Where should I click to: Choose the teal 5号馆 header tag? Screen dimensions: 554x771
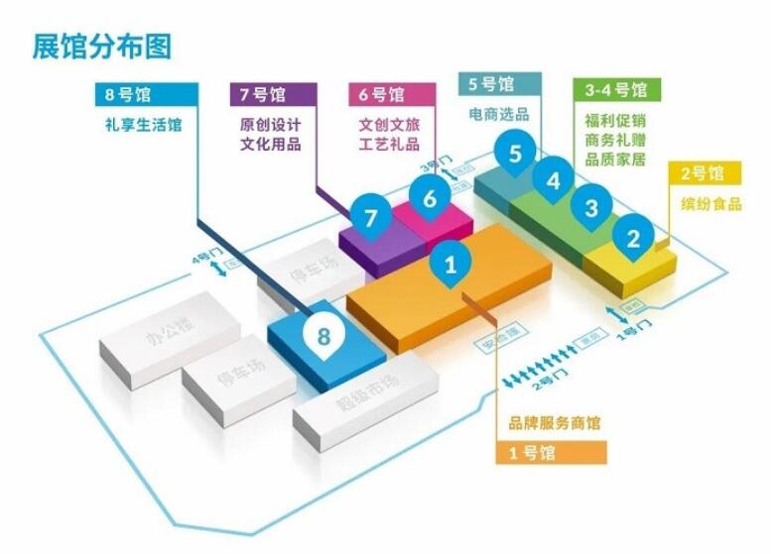pyautogui.click(x=500, y=84)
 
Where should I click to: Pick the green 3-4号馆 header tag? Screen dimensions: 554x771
pyautogui.click(x=616, y=89)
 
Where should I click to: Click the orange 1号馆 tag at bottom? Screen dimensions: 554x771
pyautogui.click(x=550, y=453)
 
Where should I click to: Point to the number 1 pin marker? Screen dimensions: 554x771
pyautogui.click(x=450, y=266)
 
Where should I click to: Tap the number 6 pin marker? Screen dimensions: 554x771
pyautogui.click(x=430, y=198)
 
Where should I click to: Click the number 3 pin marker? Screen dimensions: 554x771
pyautogui.click(x=591, y=208)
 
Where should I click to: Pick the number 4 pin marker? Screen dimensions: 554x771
pyautogui.click(x=554, y=181)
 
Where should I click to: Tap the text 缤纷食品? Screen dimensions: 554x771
pyautogui.click(x=709, y=205)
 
